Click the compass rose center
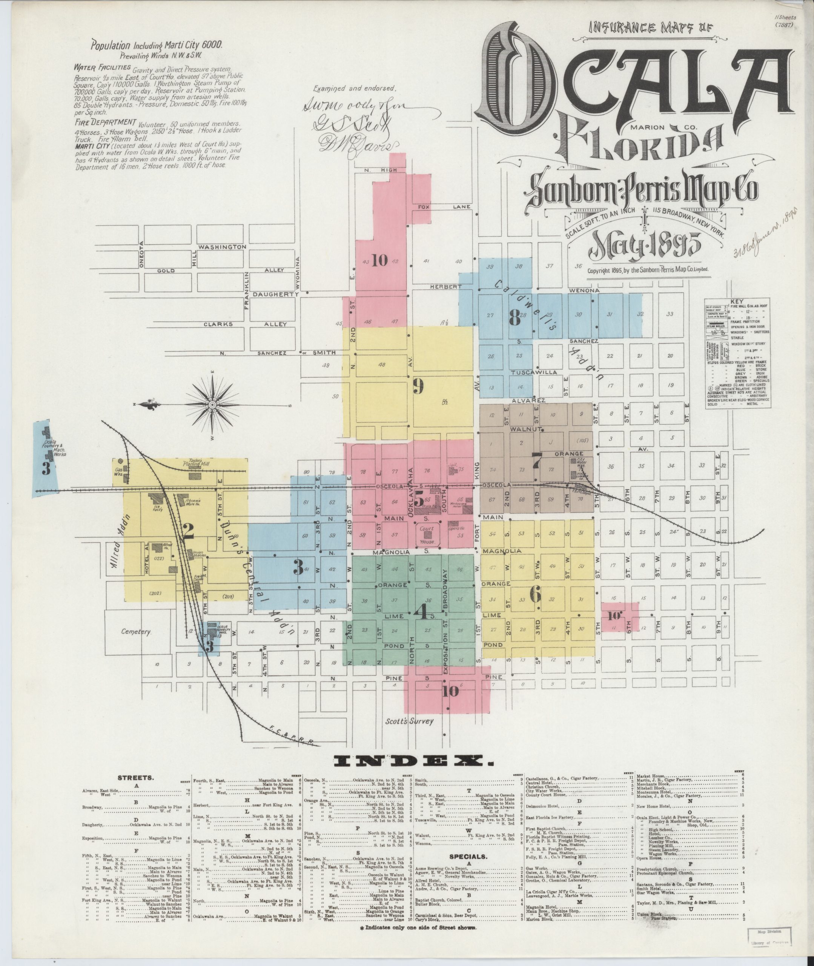click(x=213, y=405)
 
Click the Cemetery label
click(x=136, y=631)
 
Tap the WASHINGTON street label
click(x=223, y=247)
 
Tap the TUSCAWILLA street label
click(x=534, y=372)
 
